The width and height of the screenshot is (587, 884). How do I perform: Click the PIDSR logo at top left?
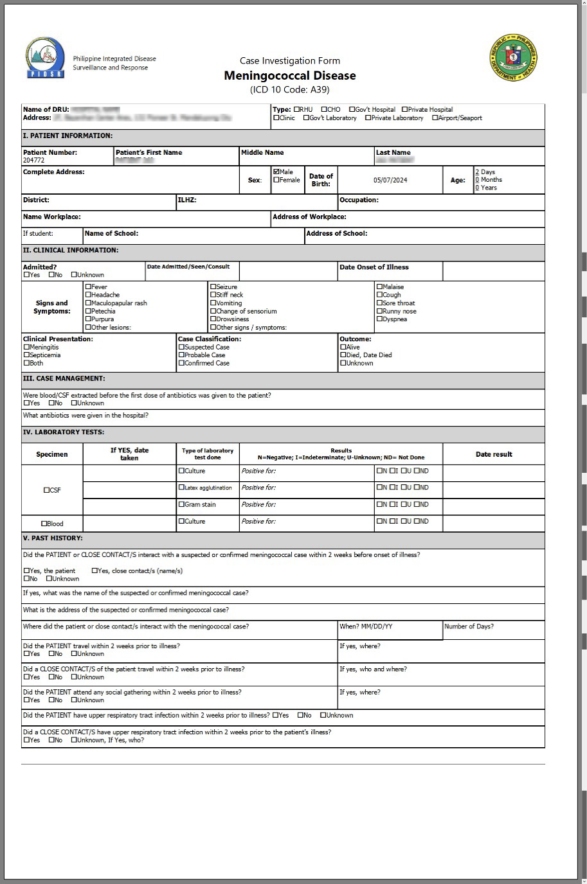pos(45,58)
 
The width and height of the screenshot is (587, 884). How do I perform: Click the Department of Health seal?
pos(512,58)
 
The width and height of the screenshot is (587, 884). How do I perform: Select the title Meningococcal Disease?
pos(289,76)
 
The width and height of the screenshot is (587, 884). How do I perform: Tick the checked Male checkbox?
pos(276,172)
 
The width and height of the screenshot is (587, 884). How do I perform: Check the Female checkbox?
pos(276,181)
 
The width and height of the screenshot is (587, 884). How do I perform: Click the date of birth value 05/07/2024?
pos(390,181)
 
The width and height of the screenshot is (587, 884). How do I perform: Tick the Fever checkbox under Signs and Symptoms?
pos(89,287)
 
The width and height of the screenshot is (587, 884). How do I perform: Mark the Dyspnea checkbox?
pos(379,319)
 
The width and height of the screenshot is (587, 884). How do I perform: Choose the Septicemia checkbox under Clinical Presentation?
pos(27,355)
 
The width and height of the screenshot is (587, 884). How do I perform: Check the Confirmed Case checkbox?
pos(182,364)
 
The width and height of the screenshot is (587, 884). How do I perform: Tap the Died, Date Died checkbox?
pos(343,355)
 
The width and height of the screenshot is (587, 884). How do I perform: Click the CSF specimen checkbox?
pos(47,491)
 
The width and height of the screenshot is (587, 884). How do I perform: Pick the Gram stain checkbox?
pos(182,505)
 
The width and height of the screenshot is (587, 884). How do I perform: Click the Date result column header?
pos(494,455)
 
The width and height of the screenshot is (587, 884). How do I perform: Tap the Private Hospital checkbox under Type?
pos(405,110)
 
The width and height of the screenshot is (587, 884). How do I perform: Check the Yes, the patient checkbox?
pos(27,571)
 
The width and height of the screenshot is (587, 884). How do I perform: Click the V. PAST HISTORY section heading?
pos(53,538)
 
